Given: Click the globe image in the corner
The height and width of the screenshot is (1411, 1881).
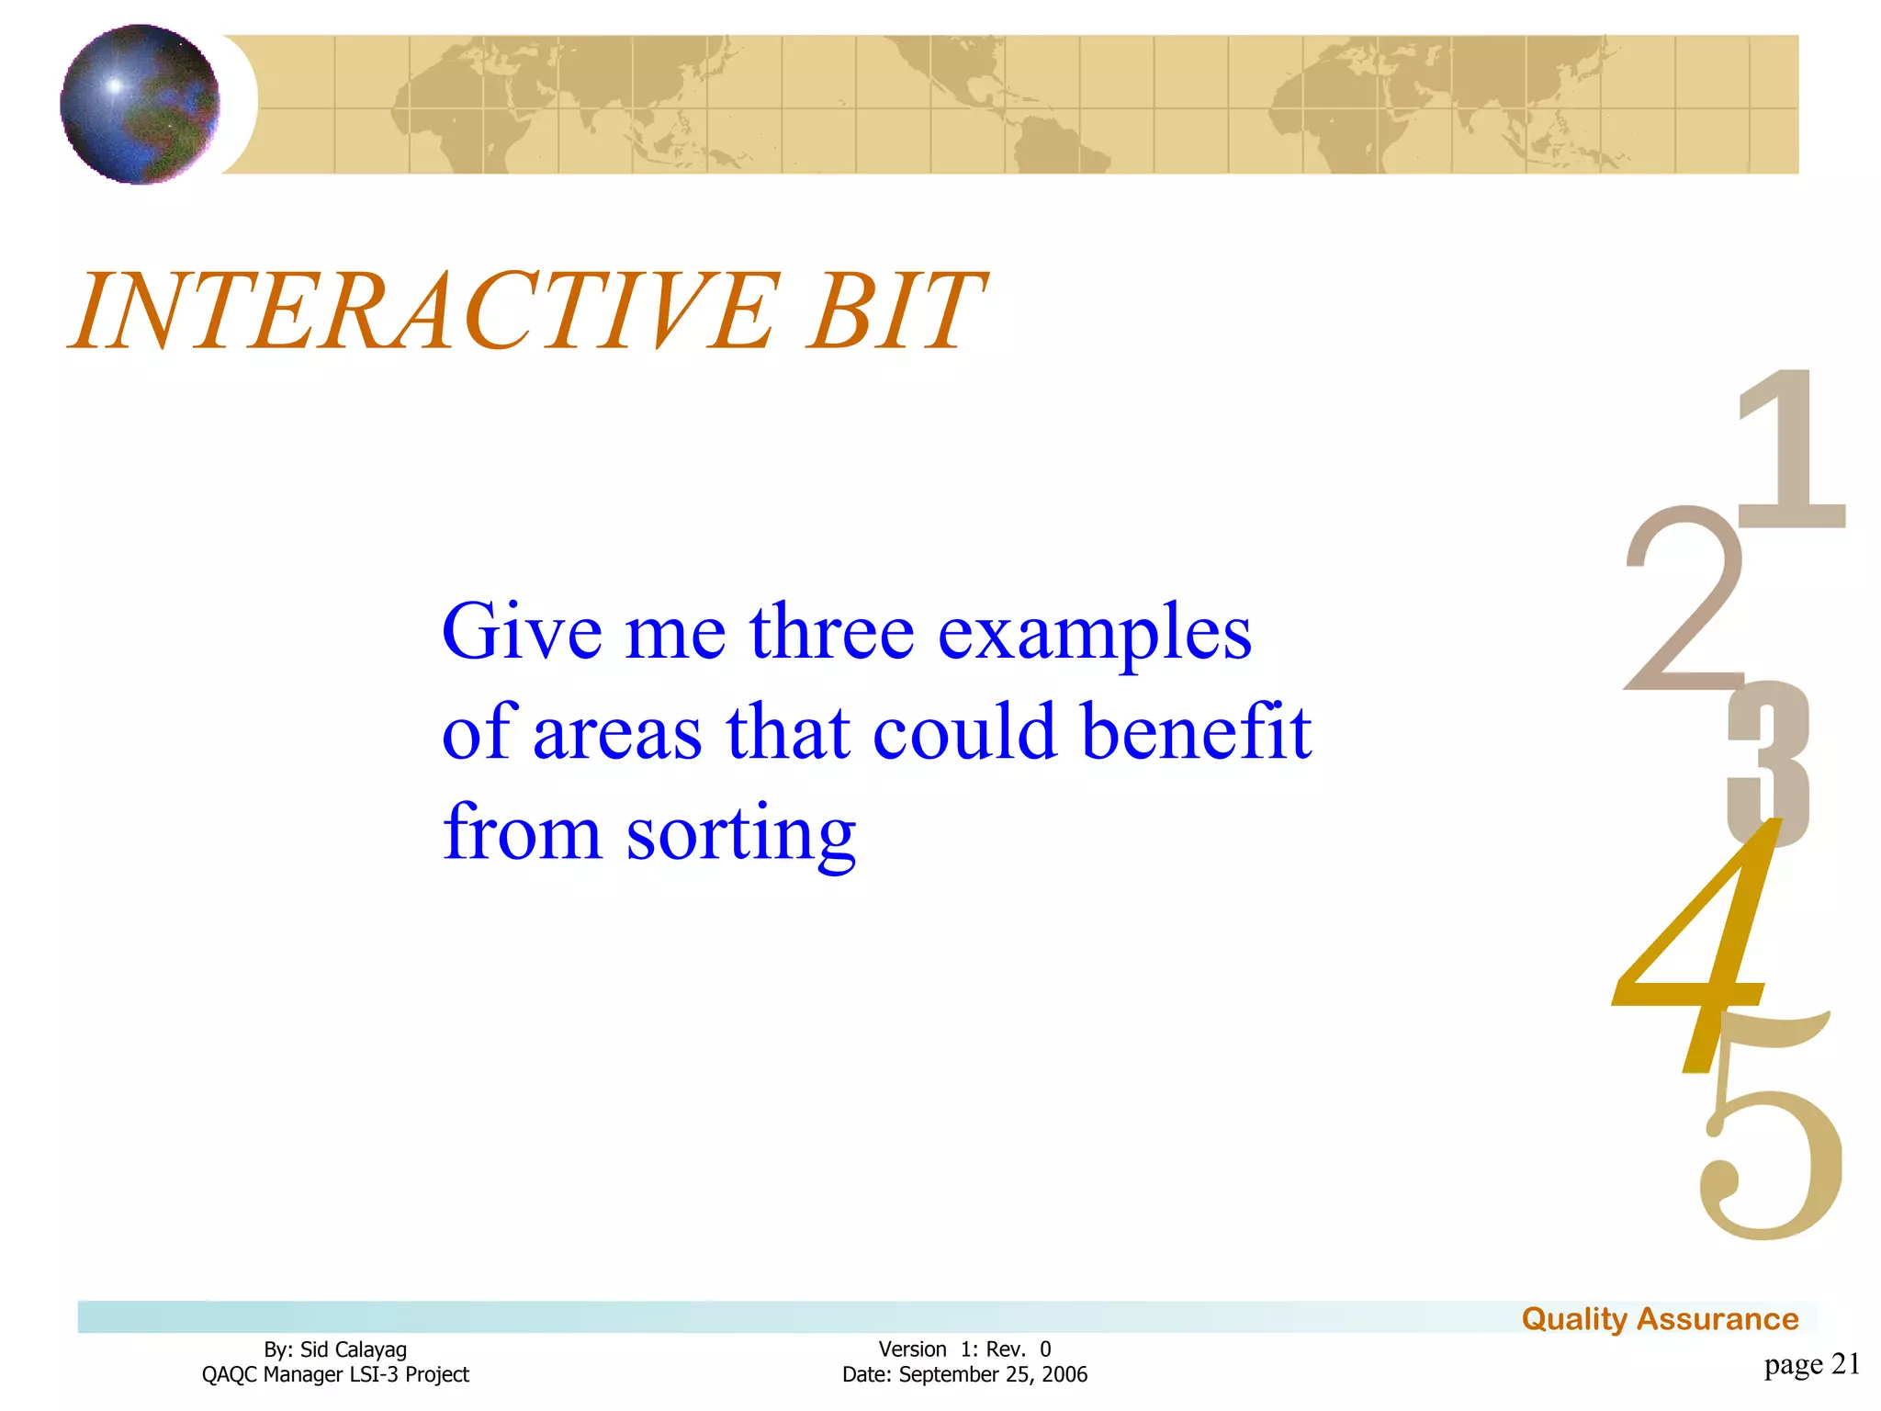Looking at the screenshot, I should [140, 104].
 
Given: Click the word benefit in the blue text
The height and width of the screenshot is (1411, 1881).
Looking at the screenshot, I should [1196, 732].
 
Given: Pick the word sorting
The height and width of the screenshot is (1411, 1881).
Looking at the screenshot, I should [740, 834].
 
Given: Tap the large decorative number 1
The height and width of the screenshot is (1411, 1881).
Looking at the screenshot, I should [1791, 450].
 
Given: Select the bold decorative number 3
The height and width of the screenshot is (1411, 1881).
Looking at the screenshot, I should [1768, 762].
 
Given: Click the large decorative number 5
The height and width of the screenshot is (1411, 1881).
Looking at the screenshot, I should [1768, 1157].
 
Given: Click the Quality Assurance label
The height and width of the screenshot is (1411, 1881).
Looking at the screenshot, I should [1660, 1319].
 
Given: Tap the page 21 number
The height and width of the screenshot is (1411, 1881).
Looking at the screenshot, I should [1811, 1364].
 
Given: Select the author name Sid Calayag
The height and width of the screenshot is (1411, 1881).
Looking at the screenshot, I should [353, 1349].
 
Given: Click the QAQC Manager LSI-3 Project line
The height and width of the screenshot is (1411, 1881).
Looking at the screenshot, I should [335, 1374].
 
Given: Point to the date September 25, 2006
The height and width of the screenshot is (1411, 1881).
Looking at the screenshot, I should [992, 1374].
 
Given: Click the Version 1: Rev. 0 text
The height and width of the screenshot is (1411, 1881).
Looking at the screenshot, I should [964, 1349].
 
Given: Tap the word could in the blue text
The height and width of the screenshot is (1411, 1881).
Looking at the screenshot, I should [964, 732].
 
